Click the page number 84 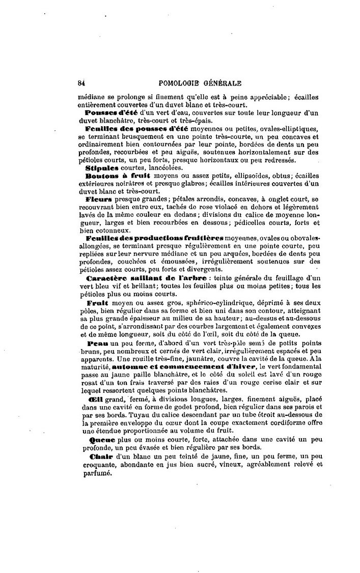[82, 85]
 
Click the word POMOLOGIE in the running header [181, 85]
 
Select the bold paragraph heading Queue [99, 439]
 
